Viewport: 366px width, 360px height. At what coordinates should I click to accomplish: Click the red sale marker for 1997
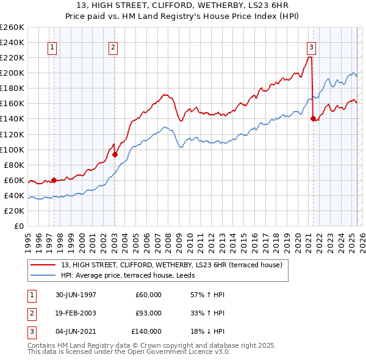54,180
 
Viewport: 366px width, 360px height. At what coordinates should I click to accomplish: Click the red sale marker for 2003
115,154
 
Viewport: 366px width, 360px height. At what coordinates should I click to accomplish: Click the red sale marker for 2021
313,119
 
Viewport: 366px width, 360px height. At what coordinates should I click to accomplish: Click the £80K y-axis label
13,165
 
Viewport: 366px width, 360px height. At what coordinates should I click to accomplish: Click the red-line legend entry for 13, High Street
171,265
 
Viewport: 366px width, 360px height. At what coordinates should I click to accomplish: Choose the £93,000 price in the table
148,313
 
